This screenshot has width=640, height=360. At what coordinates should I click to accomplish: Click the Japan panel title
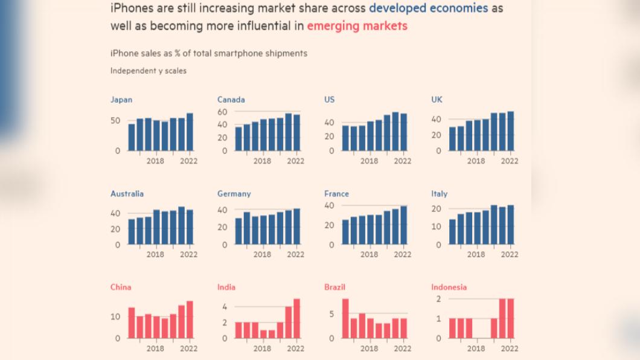pos(121,100)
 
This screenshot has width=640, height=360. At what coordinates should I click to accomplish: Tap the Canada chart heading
pos(231,100)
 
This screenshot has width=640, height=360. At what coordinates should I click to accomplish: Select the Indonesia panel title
pos(449,287)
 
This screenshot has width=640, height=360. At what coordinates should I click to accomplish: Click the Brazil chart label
pos(334,287)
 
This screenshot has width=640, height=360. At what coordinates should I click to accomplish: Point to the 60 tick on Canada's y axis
pos(222,112)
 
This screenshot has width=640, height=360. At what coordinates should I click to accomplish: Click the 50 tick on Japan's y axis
pos(115,120)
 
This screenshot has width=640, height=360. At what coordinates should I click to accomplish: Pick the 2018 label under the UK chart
pos(476,161)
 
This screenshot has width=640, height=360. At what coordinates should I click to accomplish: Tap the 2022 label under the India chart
pos(295,349)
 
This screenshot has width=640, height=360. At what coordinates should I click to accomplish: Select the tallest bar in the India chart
pos(296,318)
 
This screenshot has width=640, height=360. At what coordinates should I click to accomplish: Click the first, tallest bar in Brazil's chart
pos(345,318)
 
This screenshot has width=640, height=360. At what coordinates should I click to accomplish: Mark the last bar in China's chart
pos(190,320)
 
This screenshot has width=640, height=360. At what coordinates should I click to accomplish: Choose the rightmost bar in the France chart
pos(404,225)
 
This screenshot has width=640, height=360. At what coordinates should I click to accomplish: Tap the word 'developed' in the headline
pos(397,8)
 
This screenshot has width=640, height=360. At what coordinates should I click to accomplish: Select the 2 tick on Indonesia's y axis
pos(439,299)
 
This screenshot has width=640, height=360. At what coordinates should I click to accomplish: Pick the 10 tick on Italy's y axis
pos(437,226)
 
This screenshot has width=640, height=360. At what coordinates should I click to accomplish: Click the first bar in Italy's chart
pos(452,232)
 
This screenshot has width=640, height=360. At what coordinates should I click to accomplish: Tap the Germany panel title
pos(234,193)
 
